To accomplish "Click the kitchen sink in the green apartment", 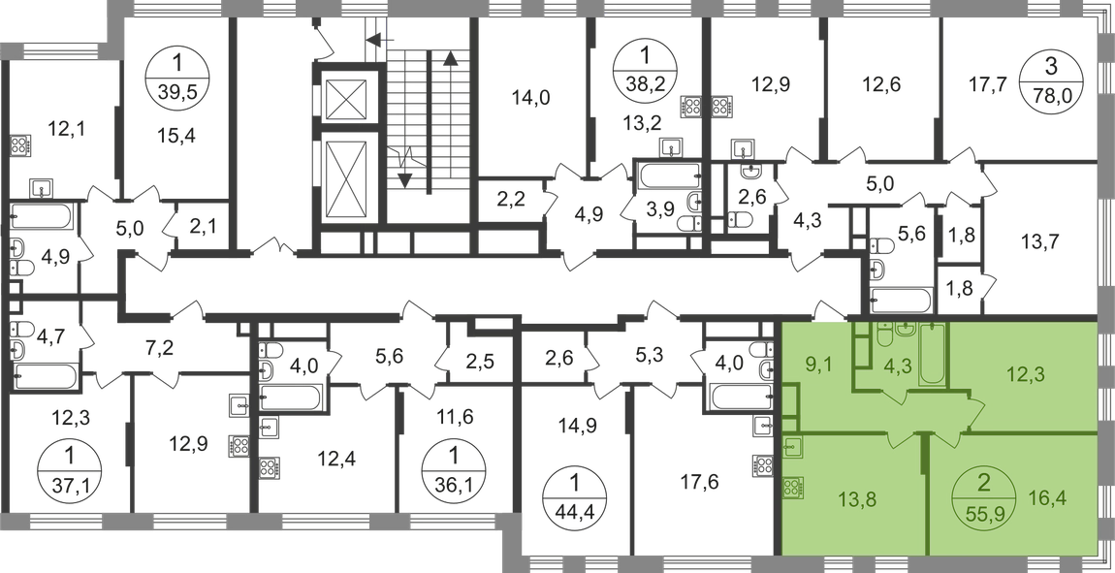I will pyautogui.click(x=791, y=448).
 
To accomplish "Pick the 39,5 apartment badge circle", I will pyautogui.click(x=176, y=75).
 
